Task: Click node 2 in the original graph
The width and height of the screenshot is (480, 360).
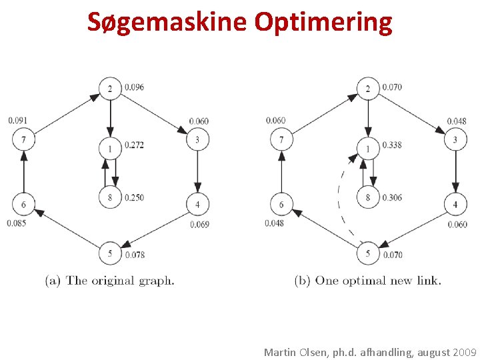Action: pyautogui.click(x=110, y=88)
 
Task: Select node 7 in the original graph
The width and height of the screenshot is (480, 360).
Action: pyautogui.click(x=23, y=139)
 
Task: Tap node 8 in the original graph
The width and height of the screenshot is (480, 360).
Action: pyautogui.click(x=110, y=197)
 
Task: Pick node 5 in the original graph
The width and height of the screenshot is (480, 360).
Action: pyautogui.click(x=110, y=253)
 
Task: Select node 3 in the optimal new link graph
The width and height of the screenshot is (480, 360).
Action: pyautogui.click(x=455, y=139)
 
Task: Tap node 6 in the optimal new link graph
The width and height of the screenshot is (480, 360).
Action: pyautogui.click(x=281, y=204)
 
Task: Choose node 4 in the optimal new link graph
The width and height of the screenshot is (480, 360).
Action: pyautogui.click(x=455, y=204)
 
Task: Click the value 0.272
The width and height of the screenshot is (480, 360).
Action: pyautogui.click(x=133, y=145)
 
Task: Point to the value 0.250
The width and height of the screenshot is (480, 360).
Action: pyautogui.click(x=133, y=197)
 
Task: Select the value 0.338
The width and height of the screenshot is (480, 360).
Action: pyautogui.click(x=391, y=145)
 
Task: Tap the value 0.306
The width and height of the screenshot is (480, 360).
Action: pyautogui.click(x=391, y=197)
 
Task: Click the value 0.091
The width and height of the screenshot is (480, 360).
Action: pyautogui.click(x=18, y=121)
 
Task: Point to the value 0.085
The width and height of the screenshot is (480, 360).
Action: pyautogui.click(x=17, y=223)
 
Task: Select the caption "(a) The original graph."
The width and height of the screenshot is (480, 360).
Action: pyautogui.click(x=110, y=281)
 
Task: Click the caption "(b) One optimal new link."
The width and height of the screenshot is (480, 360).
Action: pyautogui.click(x=367, y=281)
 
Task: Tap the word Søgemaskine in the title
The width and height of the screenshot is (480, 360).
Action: pyautogui.click(x=167, y=22)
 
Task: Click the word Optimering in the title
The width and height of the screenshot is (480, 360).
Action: pyautogui.click(x=323, y=22)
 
